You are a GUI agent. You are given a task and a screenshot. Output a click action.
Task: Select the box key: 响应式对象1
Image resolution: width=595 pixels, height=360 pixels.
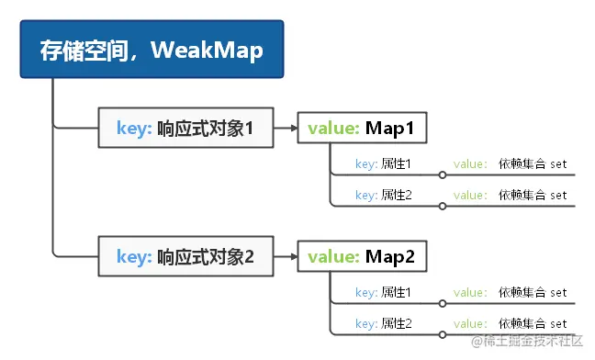(x=185, y=128)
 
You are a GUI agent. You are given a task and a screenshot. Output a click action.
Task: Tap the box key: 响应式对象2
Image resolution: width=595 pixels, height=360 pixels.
(x=185, y=256)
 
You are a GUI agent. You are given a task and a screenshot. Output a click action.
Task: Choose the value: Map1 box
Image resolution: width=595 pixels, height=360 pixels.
(x=363, y=128)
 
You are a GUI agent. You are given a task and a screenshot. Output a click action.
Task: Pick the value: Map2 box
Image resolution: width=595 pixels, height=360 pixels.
(x=363, y=256)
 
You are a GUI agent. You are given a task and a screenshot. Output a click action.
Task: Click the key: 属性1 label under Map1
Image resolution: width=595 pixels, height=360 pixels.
(x=383, y=164)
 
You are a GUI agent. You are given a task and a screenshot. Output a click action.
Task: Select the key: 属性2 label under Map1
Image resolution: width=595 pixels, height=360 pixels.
(x=383, y=195)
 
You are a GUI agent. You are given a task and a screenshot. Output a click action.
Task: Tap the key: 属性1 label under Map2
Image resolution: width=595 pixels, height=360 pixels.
(x=383, y=293)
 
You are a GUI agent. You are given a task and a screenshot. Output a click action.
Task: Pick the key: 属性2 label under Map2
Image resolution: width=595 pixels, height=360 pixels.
(x=383, y=323)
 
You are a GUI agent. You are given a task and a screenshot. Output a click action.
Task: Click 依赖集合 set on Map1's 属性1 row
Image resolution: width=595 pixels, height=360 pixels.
(x=533, y=164)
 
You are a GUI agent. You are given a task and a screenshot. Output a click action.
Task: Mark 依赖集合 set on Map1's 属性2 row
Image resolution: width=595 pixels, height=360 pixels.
(x=533, y=195)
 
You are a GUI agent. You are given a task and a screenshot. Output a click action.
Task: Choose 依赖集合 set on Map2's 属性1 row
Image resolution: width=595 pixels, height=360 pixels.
(x=533, y=293)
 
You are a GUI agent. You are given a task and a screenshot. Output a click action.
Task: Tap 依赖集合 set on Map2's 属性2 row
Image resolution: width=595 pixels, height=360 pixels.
(x=533, y=323)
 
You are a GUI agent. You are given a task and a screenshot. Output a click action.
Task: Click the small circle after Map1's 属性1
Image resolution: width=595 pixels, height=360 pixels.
(x=443, y=174)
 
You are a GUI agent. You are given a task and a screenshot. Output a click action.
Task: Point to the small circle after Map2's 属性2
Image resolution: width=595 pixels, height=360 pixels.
(x=443, y=334)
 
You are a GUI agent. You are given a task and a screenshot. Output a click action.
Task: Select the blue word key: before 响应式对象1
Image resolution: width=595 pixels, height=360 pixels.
(x=134, y=128)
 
